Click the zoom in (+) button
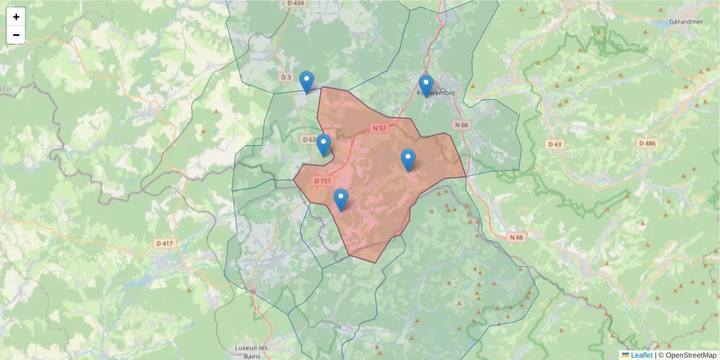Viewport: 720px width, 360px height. pyautogui.click(x=16, y=17)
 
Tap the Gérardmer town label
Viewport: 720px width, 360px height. pyautogui.click(x=685, y=22)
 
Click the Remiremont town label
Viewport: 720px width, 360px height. pyautogui.click(x=436, y=93)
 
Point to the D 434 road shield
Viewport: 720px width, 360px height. pyautogui.click(x=296, y=3)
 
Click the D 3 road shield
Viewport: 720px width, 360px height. pyautogui.click(x=286, y=77)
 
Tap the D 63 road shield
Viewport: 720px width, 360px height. pyautogui.click(x=308, y=139)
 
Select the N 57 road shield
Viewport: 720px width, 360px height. pyautogui.click(x=379, y=128)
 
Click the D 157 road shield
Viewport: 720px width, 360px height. pyautogui.click(x=322, y=181)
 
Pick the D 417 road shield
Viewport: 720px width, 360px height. pyautogui.click(x=164, y=243)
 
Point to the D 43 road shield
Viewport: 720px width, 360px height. pyautogui.click(x=555, y=144)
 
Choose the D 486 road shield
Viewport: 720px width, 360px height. pyautogui.click(x=648, y=143)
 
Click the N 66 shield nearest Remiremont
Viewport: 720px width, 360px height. pyautogui.click(x=461, y=125)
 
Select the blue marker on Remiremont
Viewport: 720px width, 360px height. pyautogui.click(x=426, y=85)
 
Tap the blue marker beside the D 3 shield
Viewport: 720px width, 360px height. pyautogui.click(x=307, y=82)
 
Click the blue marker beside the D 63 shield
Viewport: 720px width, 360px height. pyautogui.click(x=323, y=145)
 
